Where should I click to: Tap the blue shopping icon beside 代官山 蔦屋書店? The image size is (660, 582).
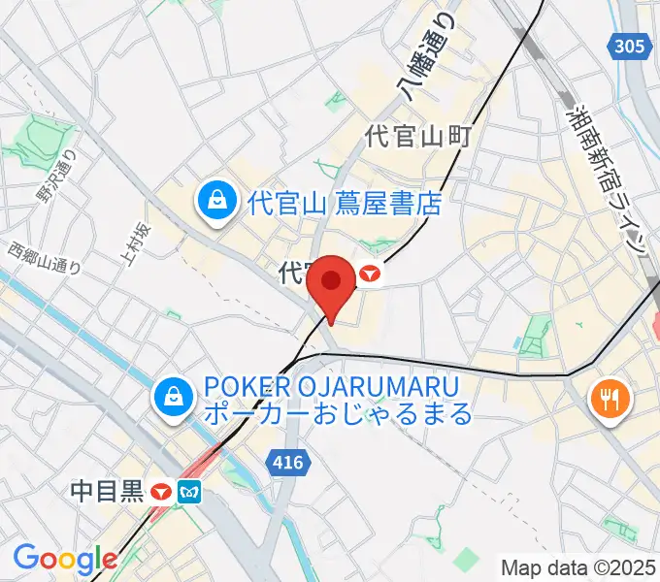(213, 203)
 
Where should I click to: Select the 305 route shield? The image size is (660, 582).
(629, 46)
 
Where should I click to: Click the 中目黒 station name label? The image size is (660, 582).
(107, 492)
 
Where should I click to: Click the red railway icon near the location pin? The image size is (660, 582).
(369, 275)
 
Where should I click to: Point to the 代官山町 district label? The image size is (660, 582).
(417, 137)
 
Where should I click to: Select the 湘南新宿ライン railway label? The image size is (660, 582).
(607, 178)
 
